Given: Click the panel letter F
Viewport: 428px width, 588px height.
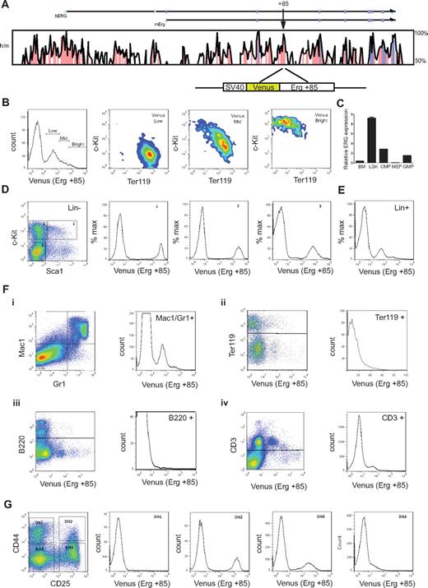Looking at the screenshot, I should click(x=7, y=293).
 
